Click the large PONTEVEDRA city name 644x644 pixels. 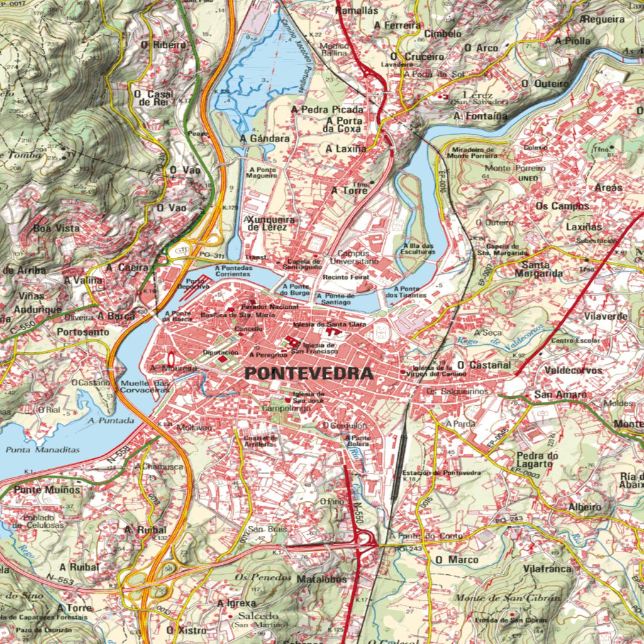pyautogui.click(x=309, y=374)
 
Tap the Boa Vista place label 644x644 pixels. pyautogui.click(x=57, y=228)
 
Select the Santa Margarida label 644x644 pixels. pyautogui.click(x=538, y=269)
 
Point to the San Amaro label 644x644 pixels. pyautogui.click(x=560, y=394)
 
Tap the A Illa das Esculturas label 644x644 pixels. pyautogui.click(x=418, y=248)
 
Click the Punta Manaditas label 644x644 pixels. pyautogui.click(x=43, y=450)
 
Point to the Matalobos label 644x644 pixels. pyautogui.click(x=321, y=579)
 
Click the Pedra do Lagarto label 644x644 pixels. pyautogui.click(x=537, y=460)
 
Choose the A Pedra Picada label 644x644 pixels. pyautogui.click(x=328, y=109)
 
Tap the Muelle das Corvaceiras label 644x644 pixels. pyautogui.click(x=145, y=386)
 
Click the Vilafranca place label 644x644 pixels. pyautogui.click(x=547, y=569)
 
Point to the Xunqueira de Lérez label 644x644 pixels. pyautogui.click(x=267, y=223)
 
